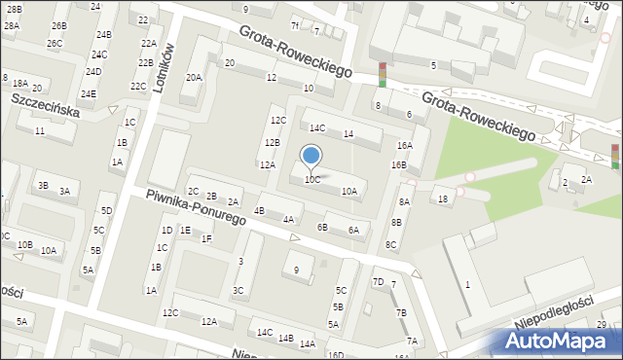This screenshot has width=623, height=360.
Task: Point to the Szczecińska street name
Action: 44,104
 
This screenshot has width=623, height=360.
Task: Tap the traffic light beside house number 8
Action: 383,75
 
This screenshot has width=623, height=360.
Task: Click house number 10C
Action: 311,180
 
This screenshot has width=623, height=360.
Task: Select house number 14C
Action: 317,128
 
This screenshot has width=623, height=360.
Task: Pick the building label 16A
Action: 405,145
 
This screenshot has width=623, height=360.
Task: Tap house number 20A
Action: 194,78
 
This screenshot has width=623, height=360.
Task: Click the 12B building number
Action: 273,143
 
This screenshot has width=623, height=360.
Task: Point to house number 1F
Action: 206,238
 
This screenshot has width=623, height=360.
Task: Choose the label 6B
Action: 322,228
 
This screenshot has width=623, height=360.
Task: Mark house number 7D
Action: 378,283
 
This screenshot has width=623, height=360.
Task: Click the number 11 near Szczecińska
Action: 40,131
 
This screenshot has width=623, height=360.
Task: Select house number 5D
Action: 107,211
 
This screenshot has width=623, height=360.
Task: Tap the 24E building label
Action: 89,94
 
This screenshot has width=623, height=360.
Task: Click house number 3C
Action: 238,290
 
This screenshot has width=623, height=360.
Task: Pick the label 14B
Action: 285,339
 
